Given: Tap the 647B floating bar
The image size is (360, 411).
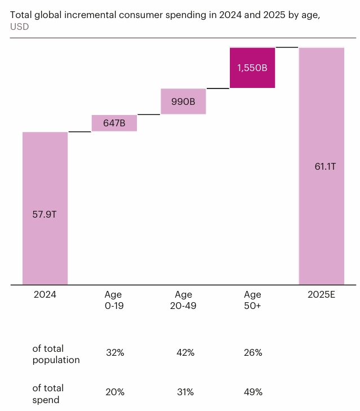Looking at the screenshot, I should click(114, 123).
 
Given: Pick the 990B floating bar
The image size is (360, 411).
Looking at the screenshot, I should click(183, 101).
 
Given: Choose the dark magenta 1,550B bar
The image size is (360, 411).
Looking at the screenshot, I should click(252, 68).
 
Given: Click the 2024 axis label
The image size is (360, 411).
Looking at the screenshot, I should click(45, 294).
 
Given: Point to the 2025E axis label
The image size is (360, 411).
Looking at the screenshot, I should click(321, 294).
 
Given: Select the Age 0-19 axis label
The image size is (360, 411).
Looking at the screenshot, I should click(114, 299).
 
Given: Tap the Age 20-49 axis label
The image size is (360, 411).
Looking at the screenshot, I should click(183, 299).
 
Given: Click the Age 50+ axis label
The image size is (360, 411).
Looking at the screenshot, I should click(252, 299).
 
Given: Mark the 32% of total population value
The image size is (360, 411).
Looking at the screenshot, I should click(115, 353).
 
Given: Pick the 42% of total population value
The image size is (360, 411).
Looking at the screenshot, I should click(185, 353).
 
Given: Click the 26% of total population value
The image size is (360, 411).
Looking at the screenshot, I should click(254, 353).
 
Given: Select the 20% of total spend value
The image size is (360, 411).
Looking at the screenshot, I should click(115, 392).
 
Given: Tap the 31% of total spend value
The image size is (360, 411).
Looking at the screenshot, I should click(185, 392).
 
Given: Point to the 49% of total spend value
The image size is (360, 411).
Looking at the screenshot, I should click(254, 392).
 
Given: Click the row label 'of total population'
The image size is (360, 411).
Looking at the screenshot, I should click(56, 354).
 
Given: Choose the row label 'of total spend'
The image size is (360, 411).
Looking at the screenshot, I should click(48, 394).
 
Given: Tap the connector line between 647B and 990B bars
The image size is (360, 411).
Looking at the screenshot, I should click(149, 114).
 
